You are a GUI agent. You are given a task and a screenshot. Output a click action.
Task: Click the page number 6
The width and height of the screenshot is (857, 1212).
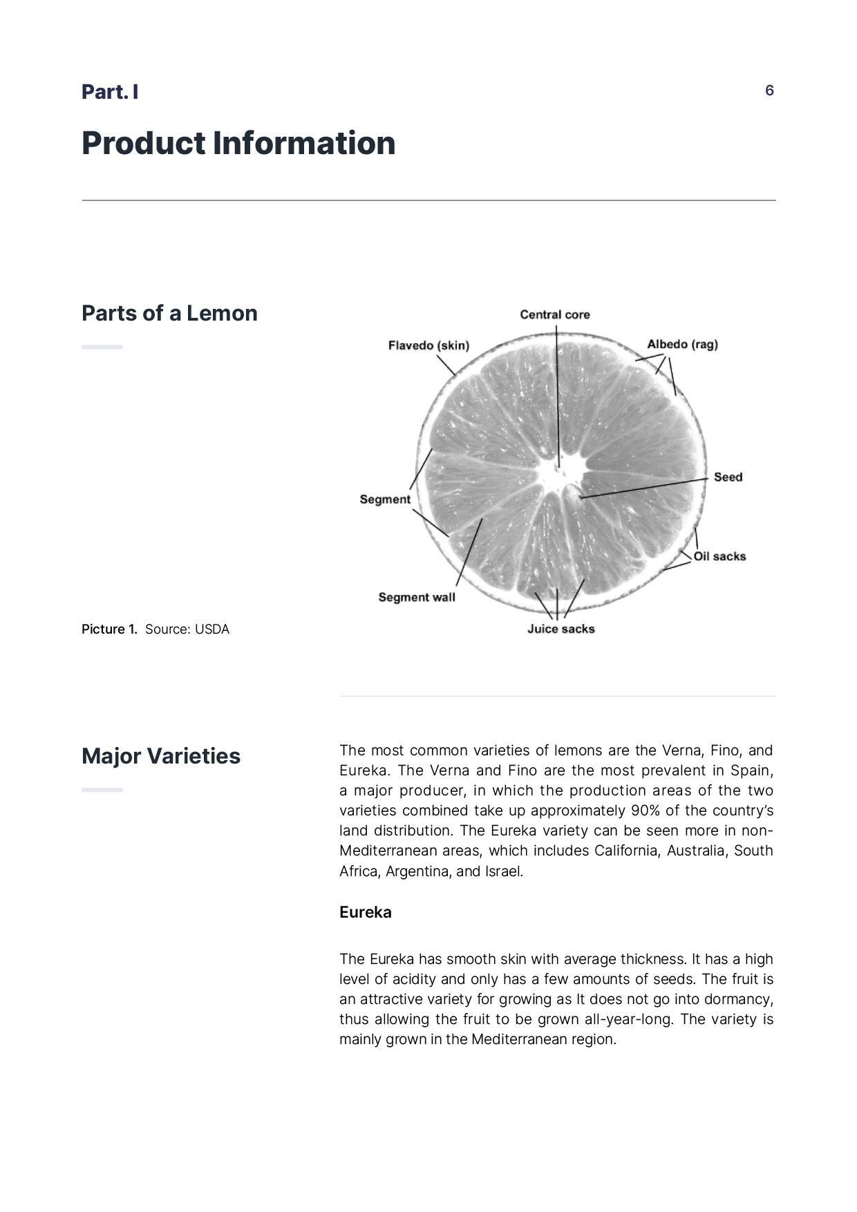[x=769, y=91]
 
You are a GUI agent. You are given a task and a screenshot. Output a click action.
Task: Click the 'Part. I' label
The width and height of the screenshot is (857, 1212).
[x=110, y=92]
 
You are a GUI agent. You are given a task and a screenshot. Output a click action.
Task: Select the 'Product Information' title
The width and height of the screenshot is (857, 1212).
[x=238, y=143]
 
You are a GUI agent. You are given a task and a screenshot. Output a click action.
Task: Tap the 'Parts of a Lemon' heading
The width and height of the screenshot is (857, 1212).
[x=169, y=313]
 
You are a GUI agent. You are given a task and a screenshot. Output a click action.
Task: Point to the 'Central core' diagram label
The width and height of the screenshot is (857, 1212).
[x=555, y=315]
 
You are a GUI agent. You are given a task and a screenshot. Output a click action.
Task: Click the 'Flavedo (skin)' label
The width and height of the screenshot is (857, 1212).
[x=428, y=345]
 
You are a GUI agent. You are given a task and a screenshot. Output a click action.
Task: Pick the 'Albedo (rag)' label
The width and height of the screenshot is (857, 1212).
[x=682, y=344]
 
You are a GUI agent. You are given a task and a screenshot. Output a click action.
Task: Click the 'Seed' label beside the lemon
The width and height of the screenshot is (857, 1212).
[x=728, y=477]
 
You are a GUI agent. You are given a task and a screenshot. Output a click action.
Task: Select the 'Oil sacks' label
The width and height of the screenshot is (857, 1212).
[x=719, y=556]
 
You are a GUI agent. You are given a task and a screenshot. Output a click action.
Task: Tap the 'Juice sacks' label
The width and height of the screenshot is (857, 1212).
[x=561, y=629]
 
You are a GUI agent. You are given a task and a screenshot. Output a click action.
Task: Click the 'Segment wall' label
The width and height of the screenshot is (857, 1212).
[x=417, y=597]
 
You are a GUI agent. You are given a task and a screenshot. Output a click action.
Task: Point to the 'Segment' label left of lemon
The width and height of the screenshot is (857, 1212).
[x=385, y=500]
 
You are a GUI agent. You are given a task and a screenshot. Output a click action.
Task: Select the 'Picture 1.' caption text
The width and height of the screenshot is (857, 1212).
[x=109, y=629]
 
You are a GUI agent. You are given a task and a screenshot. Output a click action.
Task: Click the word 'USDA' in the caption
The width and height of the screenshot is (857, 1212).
[x=211, y=629]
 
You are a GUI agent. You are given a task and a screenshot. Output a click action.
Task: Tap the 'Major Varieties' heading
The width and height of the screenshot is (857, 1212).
[x=161, y=756]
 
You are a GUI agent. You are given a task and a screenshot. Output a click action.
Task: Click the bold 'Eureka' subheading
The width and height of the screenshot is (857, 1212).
[x=365, y=913]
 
